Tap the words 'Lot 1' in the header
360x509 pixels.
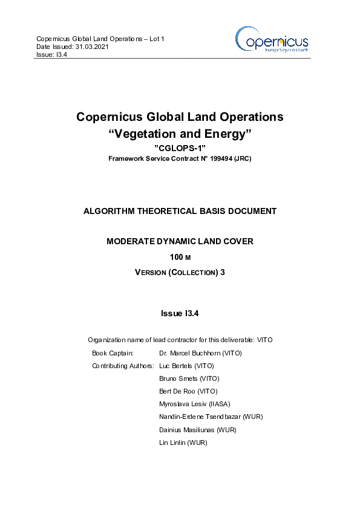[156, 39]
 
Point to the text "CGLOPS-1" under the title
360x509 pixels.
[180, 148]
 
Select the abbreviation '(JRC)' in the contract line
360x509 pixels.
[243, 159]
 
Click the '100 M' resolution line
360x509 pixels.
[180, 257]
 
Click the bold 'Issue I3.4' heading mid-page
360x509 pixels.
[180, 313]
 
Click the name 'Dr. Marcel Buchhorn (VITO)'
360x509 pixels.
[200, 353]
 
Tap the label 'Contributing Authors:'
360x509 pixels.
[123, 366]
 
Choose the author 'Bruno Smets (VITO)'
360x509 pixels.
[189, 378]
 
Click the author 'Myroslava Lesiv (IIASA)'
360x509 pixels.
[194, 404]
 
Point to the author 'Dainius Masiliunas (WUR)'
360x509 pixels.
[197, 430]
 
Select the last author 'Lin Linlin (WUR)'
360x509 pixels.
[183, 443]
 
